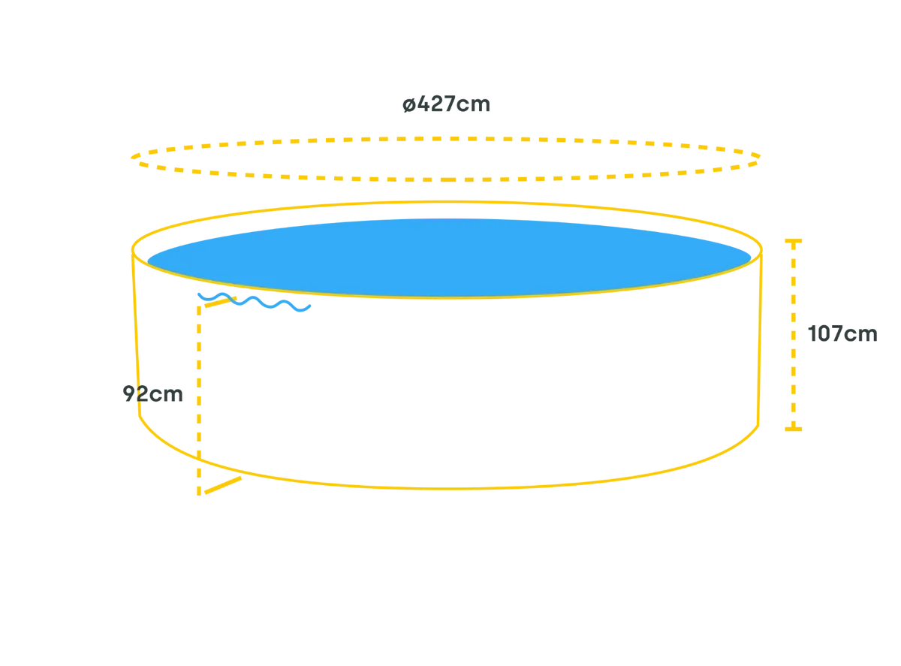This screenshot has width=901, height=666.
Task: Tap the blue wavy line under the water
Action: point(252,302)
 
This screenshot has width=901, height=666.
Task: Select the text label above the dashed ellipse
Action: point(444,104)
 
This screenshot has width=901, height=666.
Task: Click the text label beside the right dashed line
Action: point(842,335)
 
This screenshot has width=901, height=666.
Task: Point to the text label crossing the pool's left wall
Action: point(154,394)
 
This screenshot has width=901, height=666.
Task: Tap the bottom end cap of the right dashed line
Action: point(794,428)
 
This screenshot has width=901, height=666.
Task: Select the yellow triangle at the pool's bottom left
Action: point(214,481)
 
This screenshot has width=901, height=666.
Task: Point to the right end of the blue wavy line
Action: point(308,306)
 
